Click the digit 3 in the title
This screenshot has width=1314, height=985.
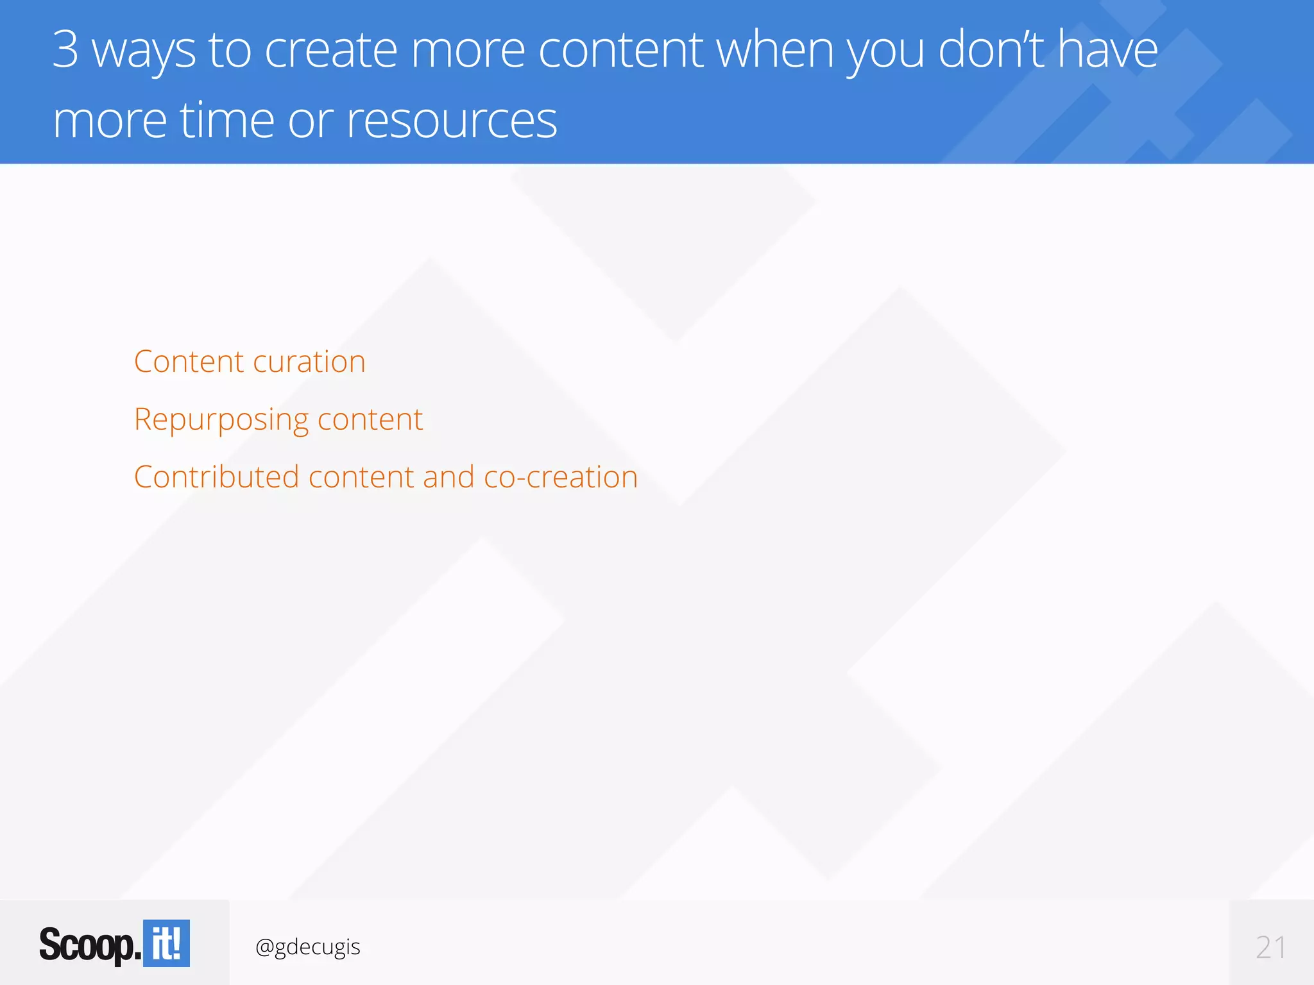pyautogui.click(x=65, y=49)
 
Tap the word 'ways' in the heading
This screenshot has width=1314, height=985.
pyautogui.click(x=144, y=51)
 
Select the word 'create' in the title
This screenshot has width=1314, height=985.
pyautogui.click(x=331, y=50)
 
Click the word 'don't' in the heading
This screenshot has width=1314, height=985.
pyautogui.click(x=991, y=50)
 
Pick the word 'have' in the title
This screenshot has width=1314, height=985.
pyautogui.click(x=1108, y=50)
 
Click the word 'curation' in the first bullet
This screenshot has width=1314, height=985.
pyautogui.click(x=309, y=362)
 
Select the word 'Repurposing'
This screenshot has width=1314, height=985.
pyautogui.click(x=221, y=421)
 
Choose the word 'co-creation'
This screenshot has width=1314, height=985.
pyautogui.click(x=561, y=477)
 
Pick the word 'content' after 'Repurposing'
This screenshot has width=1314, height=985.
pyautogui.click(x=370, y=419)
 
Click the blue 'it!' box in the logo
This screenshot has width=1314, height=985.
pyautogui.click(x=166, y=943)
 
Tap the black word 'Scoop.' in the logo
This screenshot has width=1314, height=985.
pyautogui.click(x=90, y=945)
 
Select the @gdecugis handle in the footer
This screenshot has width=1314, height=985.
pyautogui.click(x=308, y=947)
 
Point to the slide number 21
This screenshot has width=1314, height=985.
pyautogui.click(x=1270, y=947)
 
